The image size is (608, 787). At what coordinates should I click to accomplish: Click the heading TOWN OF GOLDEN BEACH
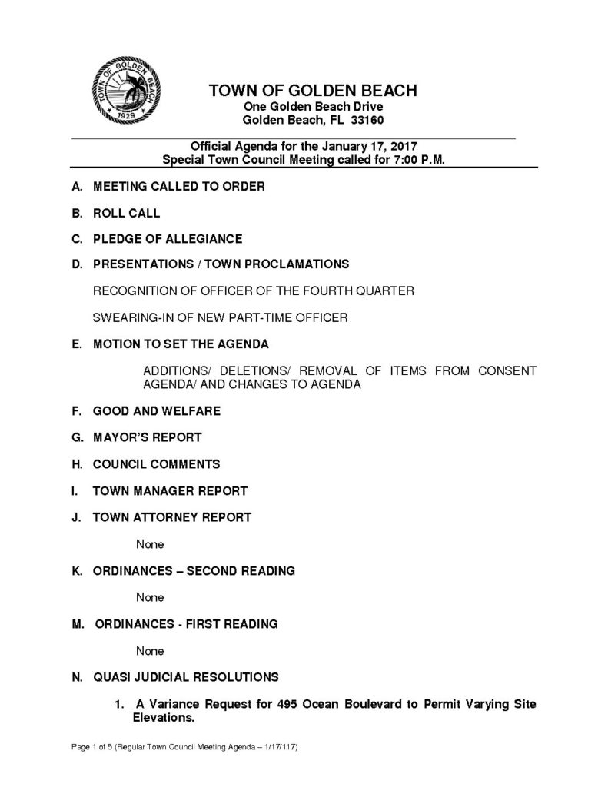click(x=313, y=91)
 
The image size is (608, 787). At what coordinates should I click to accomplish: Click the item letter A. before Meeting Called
click(x=77, y=187)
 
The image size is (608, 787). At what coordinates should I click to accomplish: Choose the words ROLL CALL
click(x=126, y=213)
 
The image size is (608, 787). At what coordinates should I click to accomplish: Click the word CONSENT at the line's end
click(x=507, y=370)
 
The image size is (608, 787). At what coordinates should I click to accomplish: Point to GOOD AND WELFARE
click(x=156, y=411)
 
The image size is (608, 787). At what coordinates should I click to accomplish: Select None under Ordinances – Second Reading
click(x=150, y=597)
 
